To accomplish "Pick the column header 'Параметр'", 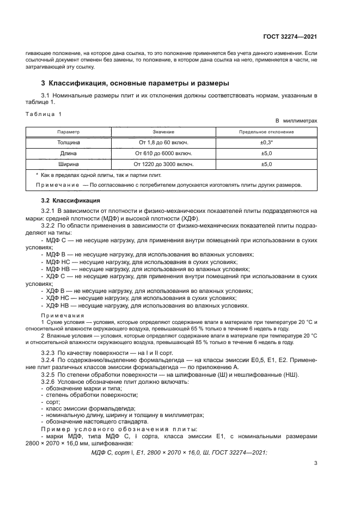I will click(x=69, y=132).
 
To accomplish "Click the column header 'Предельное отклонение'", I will click(x=266, y=132).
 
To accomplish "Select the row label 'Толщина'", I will click(x=69, y=142).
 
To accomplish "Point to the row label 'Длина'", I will click(x=69, y=153).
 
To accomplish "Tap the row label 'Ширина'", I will click(x=69, y=163).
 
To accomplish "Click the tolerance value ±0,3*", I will click(x=266, y=142).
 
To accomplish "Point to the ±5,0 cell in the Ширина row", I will click(x=266, y=163).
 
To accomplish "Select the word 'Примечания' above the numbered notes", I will click(x=63, y=315).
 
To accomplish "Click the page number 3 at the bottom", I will click(x=315, y=463).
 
